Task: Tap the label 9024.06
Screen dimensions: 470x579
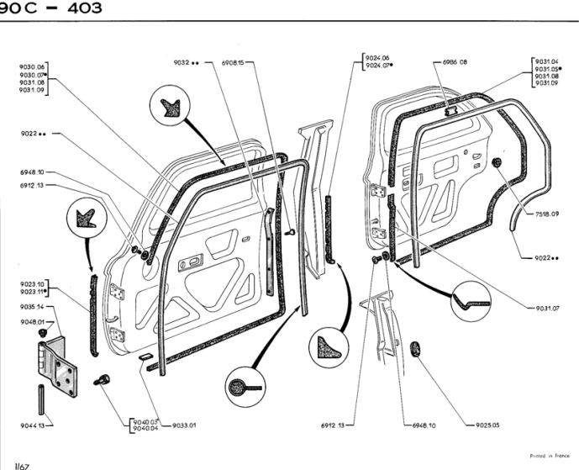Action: (x=376, y=58)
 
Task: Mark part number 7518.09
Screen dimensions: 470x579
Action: (x=546, y=214)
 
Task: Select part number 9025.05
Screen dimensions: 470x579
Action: (x=484, y=425)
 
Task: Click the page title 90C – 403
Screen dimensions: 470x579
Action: (x=50, y=8)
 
